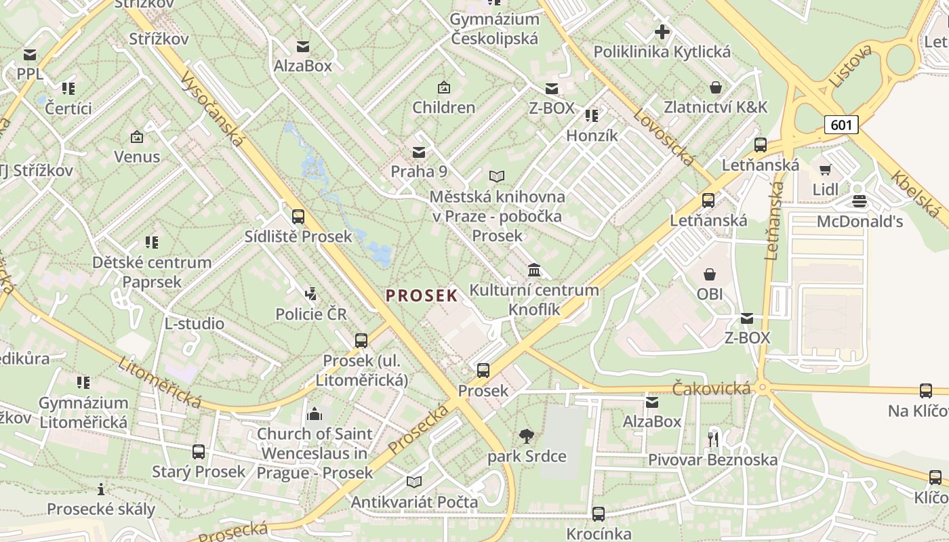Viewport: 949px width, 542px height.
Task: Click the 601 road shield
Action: (841, 125)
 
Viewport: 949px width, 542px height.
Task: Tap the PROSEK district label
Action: (422, 295)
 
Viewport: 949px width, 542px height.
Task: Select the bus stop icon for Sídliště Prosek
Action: (298, 217)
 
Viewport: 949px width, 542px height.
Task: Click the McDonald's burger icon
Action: (860, 201)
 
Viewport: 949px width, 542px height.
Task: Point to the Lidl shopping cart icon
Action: (825, 169)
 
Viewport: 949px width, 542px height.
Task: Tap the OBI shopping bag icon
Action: (709, 274)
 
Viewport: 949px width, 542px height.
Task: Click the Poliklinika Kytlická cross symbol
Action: (662, 31)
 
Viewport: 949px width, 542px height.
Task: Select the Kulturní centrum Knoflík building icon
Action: (534, 270)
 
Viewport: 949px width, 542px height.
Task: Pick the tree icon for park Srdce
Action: (526, 436)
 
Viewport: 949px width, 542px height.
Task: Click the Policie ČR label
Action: (310, 314)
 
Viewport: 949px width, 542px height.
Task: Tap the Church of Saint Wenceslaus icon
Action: (315, 414)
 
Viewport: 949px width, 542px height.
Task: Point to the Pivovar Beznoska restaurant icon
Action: (712, 440)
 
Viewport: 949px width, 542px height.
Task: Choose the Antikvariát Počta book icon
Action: (413, 482)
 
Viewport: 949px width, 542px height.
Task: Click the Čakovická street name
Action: (711, 388)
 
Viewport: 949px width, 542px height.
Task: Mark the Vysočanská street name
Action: (212, 108)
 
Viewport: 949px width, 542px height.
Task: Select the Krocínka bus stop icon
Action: (598, 514)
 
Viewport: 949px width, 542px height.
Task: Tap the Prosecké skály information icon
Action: (101, 489)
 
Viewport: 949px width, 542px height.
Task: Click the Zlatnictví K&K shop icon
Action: (715, 87)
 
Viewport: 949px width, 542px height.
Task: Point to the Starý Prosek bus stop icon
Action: (199, 452)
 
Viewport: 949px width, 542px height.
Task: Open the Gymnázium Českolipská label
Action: (494, 28)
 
